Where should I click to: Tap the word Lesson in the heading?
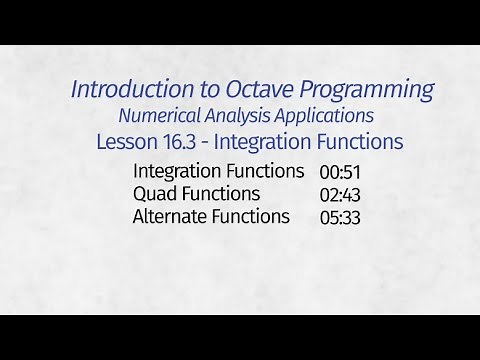click(x=126, y=142)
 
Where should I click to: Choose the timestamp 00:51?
click(x=340, y=171)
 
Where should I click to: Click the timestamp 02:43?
click(x=340, y=194)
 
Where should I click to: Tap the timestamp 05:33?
click(x=340, y=217)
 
